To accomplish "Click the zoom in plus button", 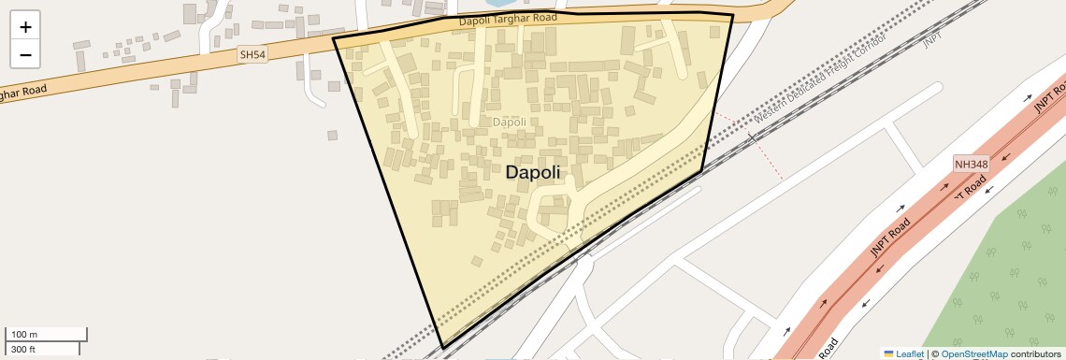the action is pyautogui.click(x=25, y=27).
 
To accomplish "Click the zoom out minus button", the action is pyautogui.click(x=25, y=55).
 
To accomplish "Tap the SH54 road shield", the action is pyautogui.click(x=252, y=55).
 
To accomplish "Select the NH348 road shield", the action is pyautogui.click(x=971, y=165).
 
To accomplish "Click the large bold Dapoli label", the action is pyautogui.click(x=532, y=172).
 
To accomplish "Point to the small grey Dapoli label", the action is pyautogui.click(x=509, y=122).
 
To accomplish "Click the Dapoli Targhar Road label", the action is pyautogui.click(x=508, y=19).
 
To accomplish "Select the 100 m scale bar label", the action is pyautogui.click(x=24, y=335).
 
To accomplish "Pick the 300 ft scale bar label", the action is pyautogui.click(x=23, y=349).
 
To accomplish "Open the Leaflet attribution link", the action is pyautogui.click(x=909, y=354).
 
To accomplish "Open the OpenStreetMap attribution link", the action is pyautogui.click(x=973, y=354).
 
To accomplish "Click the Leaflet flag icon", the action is pyautogui.click(x=888, y=354).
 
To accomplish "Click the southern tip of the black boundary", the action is pyautogui.click(x=442, y=348).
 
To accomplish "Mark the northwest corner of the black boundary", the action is pyautogui.click(x=335, y=38).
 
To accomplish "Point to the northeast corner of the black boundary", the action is pyautogui.click(x=732, y=15).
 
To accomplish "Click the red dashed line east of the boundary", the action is pyautogui.click(x=762, y=150).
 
